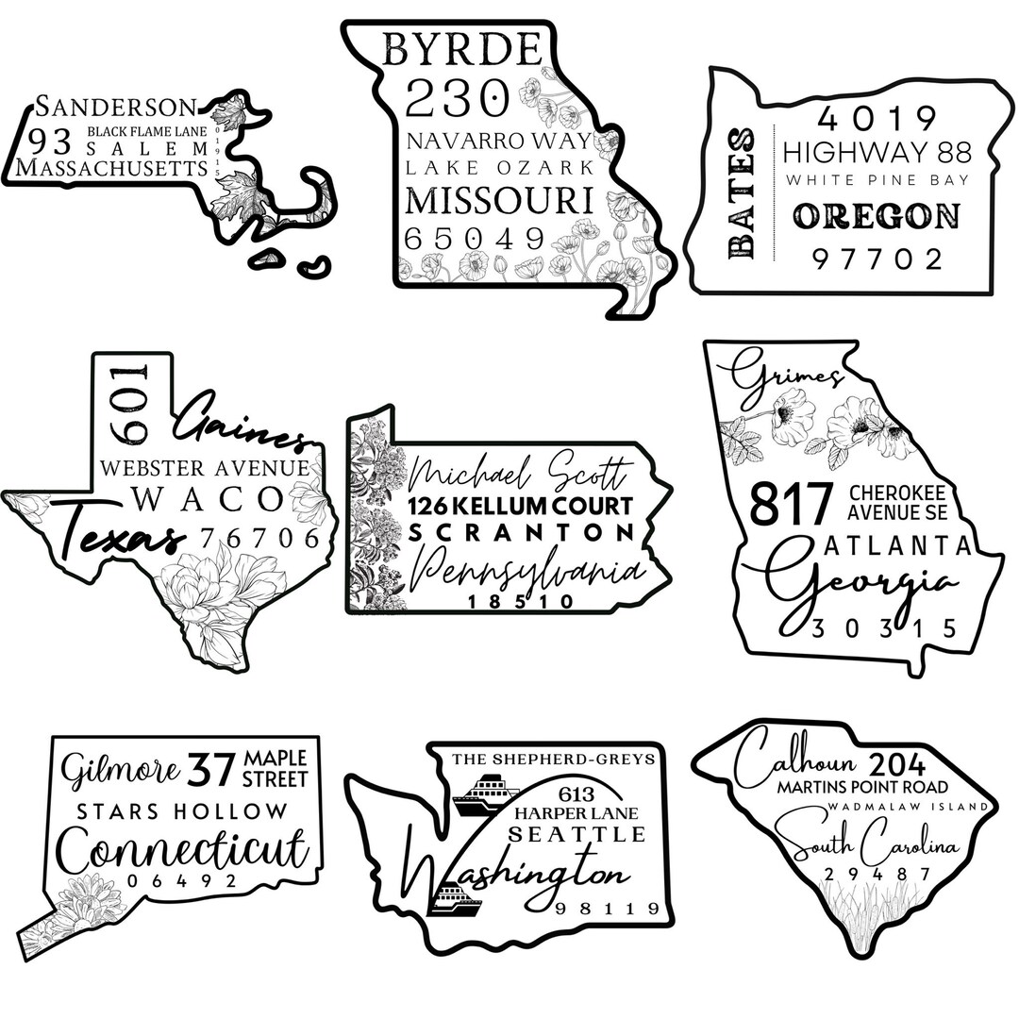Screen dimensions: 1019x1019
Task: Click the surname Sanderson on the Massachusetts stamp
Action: coord(115,106)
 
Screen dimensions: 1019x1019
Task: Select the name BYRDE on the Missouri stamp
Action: coord(462,50)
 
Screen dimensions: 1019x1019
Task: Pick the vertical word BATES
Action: coord(743,194)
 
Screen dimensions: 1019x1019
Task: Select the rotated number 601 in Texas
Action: coord(131,401)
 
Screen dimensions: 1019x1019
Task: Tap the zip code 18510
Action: coord(520,601)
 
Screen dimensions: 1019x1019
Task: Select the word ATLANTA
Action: coord(896,546)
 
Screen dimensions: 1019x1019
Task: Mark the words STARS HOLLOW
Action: coord(182,811)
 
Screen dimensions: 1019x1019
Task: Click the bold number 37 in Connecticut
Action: coord(211,770)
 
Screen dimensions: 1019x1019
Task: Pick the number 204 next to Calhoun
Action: coord(898,764)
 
